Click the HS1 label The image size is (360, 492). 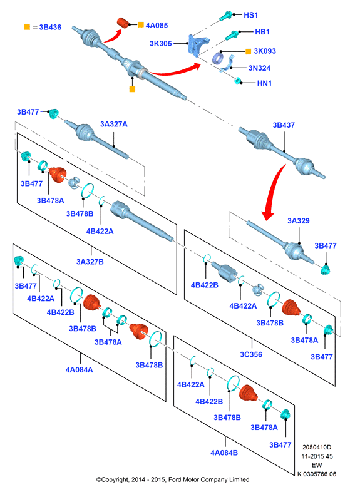250,15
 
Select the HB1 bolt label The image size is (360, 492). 262,32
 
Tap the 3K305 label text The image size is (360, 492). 161,43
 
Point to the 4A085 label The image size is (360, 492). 157,25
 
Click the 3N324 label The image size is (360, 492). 259,68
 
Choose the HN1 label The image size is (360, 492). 264,83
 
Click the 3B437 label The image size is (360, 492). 284,125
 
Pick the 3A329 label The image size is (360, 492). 299,220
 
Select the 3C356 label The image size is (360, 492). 251,354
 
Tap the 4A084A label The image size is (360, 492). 79,370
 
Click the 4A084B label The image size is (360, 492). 224,453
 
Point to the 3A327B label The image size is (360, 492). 90,262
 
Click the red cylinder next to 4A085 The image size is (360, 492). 123,23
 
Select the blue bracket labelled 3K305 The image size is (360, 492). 198,45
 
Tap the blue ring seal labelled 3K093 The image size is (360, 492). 217,58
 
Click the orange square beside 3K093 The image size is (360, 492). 249,51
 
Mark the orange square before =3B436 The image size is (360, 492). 27,27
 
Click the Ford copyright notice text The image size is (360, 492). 173,479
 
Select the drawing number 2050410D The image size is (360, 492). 317,447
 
